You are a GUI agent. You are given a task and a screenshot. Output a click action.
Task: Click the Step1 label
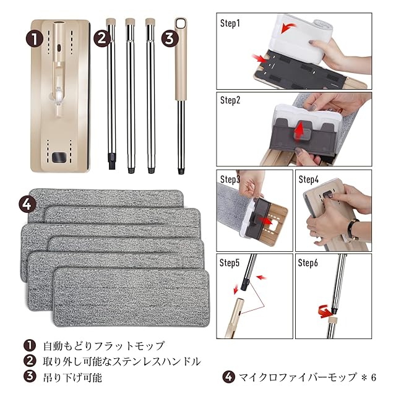pos(230,24)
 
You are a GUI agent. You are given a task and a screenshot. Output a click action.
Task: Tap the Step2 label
pos(230,100)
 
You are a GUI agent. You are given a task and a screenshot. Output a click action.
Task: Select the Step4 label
pos(308,179)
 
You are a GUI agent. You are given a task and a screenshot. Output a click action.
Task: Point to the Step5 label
pos(230,262)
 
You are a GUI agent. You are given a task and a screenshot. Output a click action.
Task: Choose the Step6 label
pos(308,262)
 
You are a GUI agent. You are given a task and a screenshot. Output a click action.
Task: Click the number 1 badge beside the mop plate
pos(35,38)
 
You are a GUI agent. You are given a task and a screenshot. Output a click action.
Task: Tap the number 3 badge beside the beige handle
pos(170,38)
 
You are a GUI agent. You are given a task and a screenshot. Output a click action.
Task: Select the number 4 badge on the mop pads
pos(27,204)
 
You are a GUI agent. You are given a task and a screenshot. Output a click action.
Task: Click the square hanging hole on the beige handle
pos(181,24)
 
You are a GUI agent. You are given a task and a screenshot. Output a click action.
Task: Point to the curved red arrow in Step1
pos(288,27)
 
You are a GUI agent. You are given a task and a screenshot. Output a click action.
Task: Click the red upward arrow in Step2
pos(299,129)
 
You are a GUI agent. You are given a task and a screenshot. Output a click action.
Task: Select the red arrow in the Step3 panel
pos(264,221)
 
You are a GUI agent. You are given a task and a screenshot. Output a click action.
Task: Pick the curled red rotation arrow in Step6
pos(324,311)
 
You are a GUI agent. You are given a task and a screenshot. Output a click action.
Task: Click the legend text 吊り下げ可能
pos(73,377)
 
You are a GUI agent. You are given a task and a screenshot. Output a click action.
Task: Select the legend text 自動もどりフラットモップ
pos(104,346)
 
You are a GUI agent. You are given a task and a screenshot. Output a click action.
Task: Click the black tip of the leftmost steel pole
pos(111,161)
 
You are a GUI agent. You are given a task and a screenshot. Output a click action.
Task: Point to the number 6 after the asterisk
pos(374,378)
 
